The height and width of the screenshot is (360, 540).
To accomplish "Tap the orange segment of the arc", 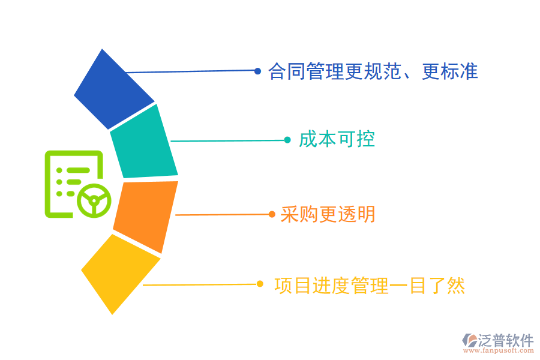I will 146,215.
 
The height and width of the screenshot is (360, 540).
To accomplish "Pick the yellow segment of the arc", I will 120,273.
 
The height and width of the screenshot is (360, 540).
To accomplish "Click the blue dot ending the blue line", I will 257,71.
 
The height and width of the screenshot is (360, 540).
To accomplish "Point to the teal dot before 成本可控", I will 287,140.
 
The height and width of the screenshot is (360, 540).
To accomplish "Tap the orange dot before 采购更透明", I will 272,214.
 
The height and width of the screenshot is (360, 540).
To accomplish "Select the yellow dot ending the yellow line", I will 260,284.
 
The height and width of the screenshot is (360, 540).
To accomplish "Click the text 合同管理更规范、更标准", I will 373,72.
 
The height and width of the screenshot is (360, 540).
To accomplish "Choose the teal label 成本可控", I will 337,140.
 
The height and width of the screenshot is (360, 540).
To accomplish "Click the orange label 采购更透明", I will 328,214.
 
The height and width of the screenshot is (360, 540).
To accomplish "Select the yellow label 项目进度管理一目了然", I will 370,285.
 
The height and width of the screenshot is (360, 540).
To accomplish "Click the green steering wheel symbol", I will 94,200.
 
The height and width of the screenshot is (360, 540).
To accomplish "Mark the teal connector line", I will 228,141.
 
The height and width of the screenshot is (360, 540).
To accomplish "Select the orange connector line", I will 222,214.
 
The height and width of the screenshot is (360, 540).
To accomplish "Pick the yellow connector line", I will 201,284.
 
